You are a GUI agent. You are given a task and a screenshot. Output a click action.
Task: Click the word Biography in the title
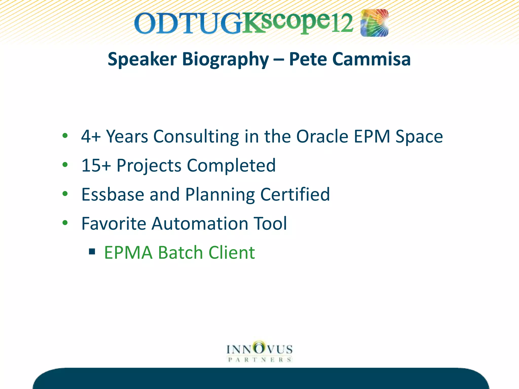pyautogui.click(x=225, y=59)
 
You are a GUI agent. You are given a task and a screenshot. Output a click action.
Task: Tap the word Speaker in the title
pyautogui.click(x=142, y=59)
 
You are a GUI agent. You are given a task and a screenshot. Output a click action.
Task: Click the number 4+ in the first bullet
pyautogui.click(x=91, y=137)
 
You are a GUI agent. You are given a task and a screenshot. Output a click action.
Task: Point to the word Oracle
pyautogui.click(x=322, y=137)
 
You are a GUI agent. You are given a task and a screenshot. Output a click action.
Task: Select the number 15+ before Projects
pyautogui.click(x=96, y=166)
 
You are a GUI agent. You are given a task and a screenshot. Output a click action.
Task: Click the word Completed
pyautogui.click(x=231, y=166)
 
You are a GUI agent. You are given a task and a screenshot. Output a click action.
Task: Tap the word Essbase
pyautogui.click(x=113, y=194)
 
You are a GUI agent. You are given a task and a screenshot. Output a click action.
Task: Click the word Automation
pyautogui.click(x=200, y=224)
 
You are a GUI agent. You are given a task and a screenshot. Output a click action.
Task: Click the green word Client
pyautogui.click(x=231, y=253)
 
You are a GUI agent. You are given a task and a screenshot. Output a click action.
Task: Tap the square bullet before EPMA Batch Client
pyautogui.click(x=92, y=251)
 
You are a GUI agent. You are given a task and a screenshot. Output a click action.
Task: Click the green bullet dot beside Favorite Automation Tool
pyautogui.click(x=65, y=223)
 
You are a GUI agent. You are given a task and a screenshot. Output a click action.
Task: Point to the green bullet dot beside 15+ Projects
pyautogui.click(x=65, y=165)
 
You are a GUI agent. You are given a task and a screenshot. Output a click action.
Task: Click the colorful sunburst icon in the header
pyautogui.click(x=374, y=23)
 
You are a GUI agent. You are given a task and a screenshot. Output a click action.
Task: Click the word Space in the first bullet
pyautogui.click(x=419, y=137)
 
